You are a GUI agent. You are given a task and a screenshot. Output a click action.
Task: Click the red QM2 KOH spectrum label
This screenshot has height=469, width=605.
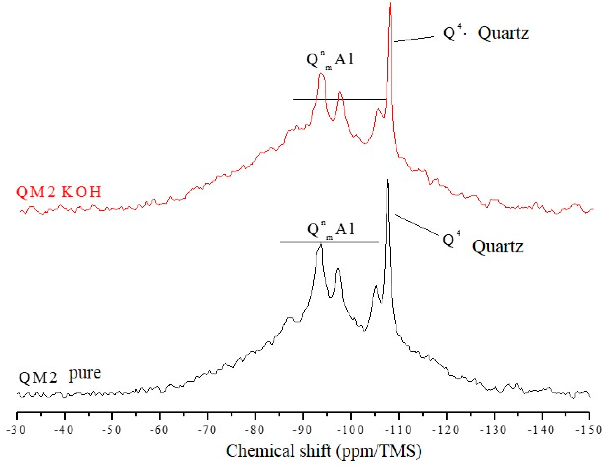pyautogui.click(x=59, y=192)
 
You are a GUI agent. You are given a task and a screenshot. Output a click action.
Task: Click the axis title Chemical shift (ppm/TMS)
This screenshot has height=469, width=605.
pyautogui.click(x=324, y=451)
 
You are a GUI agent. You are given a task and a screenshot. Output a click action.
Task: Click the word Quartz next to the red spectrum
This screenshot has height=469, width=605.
pyautogui.click(x=503, y=33)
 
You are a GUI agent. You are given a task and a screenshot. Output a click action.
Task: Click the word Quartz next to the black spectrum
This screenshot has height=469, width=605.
pyautogui.click(x=498, y=246)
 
